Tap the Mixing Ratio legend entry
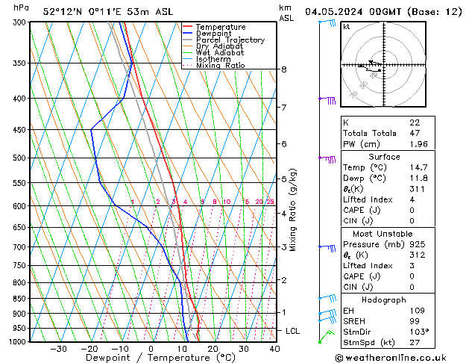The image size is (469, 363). tap(220, 66)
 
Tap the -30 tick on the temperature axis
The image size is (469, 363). tap(58, 349)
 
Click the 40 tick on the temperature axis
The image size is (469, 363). tap(274, 349)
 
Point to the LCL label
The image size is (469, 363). tap(292, 330)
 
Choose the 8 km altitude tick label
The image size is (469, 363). tap(283, 69)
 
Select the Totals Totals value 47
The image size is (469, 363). tap(415, 133)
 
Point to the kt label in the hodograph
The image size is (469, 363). tap(347, 27)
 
